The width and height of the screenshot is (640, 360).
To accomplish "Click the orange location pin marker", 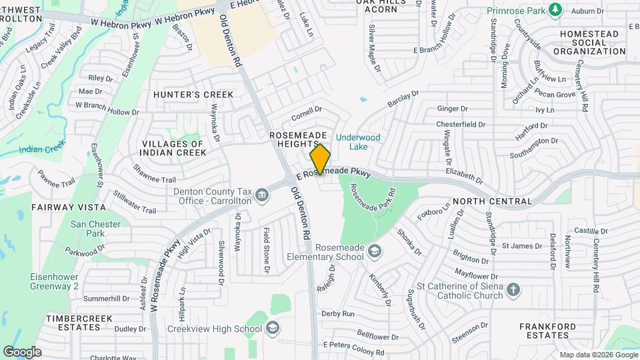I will [321, 159].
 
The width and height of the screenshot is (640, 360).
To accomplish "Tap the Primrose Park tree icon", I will [555, 9].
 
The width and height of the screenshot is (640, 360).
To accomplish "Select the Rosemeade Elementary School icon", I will [375, 251].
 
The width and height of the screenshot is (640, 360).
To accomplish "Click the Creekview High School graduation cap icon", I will [272, 327].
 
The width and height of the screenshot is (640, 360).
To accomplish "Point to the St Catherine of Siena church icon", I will [513, 289].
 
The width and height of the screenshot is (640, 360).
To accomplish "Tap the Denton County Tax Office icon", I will [262, 195].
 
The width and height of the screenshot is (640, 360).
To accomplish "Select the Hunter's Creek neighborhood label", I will [193, 95].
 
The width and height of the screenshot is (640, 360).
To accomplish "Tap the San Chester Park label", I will [97, 229].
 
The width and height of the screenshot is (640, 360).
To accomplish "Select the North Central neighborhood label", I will [492, 201].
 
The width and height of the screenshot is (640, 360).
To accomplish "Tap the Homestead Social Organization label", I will [593, 42].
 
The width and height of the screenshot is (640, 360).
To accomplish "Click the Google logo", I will [22, 351].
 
